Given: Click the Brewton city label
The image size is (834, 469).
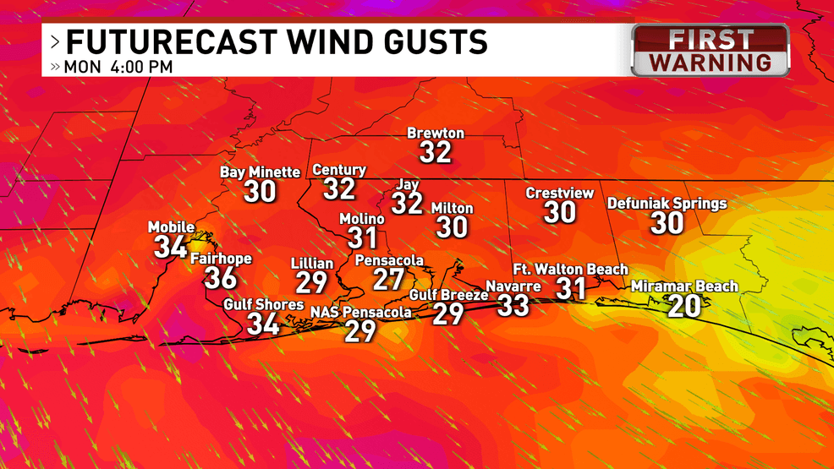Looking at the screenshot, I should pos(436,134).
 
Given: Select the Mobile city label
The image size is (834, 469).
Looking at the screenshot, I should pos(172,227).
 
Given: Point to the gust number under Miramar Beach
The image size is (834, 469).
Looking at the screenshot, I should pos(684,306).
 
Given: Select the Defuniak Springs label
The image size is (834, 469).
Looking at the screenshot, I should pos(667,204).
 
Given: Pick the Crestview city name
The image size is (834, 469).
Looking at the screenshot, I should pos(559,194).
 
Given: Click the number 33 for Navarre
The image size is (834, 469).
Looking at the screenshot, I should pos(513,305).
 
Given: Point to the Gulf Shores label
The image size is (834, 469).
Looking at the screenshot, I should pos(263,304).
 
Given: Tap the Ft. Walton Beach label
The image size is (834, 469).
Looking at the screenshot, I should pos(570,270).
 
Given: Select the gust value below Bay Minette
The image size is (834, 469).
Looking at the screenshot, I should pos(261,192).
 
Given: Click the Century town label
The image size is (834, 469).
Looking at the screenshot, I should pos(339,170).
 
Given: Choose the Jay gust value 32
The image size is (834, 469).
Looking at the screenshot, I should pos(407,204).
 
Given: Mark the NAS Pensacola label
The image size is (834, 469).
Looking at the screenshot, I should pos(360,313).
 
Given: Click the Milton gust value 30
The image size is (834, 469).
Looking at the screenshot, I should pos(452,227).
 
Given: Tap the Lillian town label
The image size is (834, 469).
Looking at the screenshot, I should pos(312,264).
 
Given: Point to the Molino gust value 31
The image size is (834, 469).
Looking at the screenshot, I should pos(362,238).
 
